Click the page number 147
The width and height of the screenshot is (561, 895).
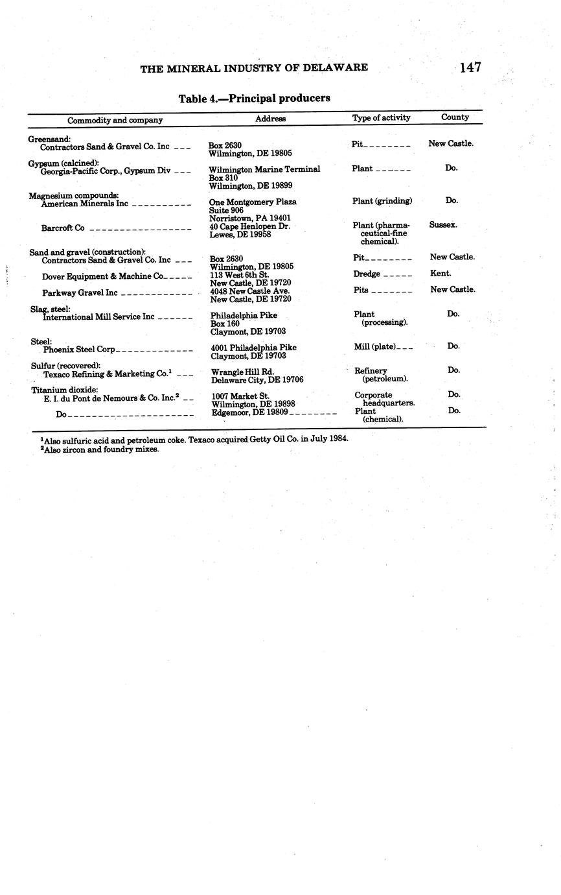470,67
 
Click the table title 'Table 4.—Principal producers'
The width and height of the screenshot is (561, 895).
255,99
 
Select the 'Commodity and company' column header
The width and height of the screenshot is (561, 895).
115,120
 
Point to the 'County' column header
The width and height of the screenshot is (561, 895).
455,117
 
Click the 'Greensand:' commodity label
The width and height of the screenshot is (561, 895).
49,139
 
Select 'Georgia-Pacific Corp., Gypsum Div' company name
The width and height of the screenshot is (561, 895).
106,171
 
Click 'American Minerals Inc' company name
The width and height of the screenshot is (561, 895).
85,204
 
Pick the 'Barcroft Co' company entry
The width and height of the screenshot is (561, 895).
63,228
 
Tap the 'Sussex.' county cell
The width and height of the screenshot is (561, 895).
443,224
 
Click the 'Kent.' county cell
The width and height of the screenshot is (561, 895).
441,274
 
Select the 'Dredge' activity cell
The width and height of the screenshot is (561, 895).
367,274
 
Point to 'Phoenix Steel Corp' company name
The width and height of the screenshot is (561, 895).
79,350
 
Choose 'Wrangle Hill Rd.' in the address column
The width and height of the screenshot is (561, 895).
242,372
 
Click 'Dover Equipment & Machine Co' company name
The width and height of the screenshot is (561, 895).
102,276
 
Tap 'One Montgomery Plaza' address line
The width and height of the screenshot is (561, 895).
253,202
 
